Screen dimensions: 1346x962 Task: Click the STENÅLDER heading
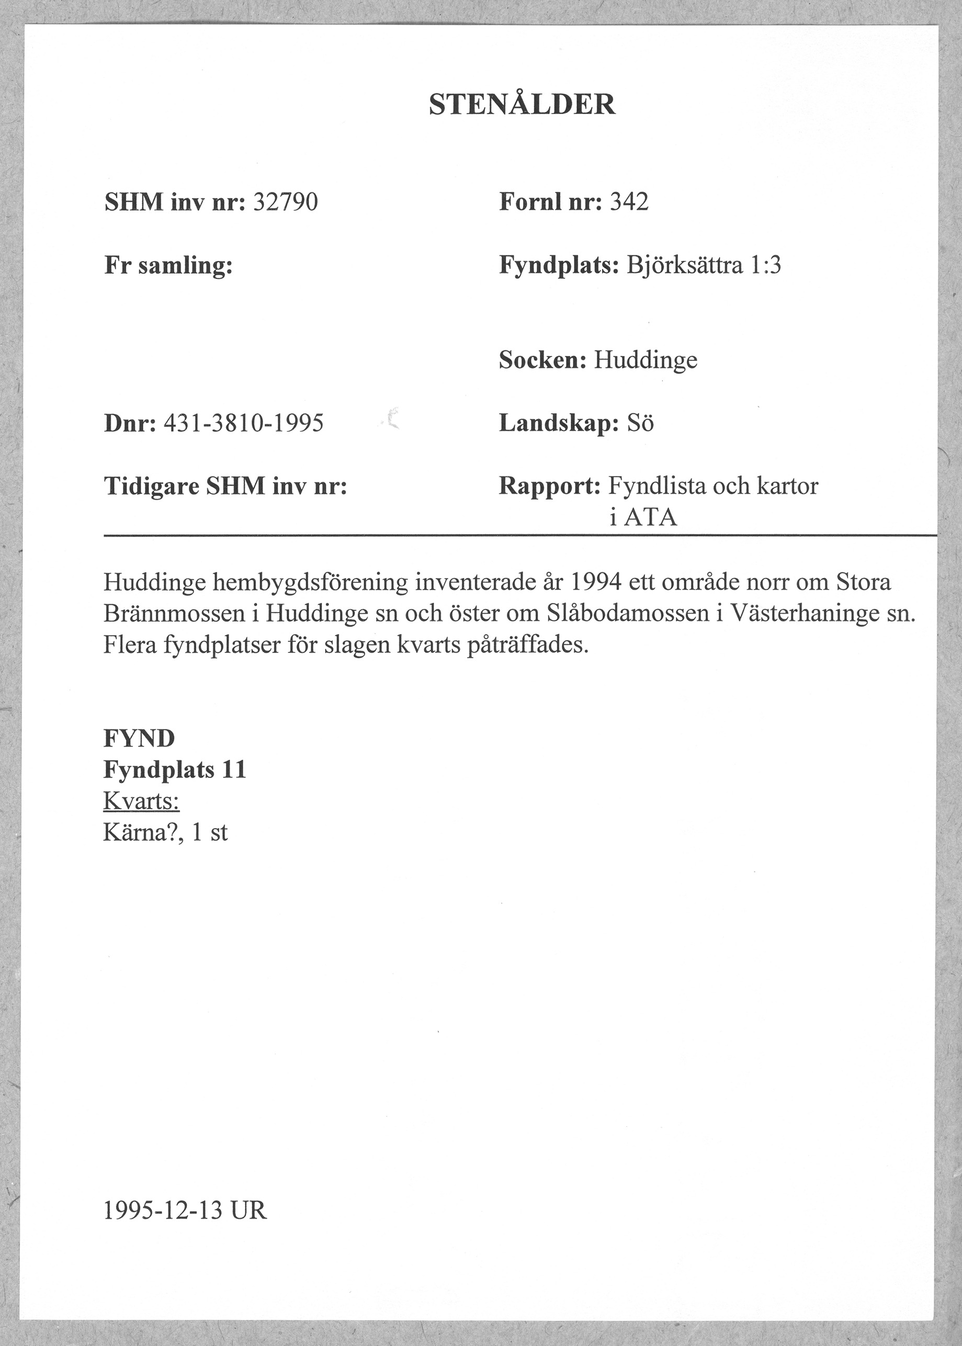pyautogui.click(x=522, y=105)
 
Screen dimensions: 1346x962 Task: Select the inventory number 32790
pyautogui.click(x=286, y=202)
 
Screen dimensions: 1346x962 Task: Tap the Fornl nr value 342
pyautogui.click(x=629, y=202)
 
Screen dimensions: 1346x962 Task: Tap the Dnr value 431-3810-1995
pyautogui.click(x=243, y=424)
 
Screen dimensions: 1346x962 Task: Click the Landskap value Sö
pyautogui.click(x=640, y=424)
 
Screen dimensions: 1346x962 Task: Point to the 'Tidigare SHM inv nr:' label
pyautogui.click(x=225, y=487)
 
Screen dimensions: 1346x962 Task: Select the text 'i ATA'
pyautogui.click(x=643, y=518)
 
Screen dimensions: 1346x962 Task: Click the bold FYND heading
pyautogui.click(x=139, y=739)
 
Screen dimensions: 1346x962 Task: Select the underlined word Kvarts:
pyautogui.click(x=142, y=801)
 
